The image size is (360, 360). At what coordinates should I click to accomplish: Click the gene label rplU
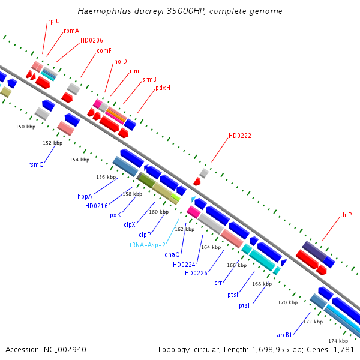(54, 21)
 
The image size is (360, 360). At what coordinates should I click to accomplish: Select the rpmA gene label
(71, 31)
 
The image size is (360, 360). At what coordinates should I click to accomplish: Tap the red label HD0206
(92, 41)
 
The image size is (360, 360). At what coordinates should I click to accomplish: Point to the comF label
(104, 50)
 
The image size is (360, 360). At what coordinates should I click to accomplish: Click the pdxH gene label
(163, 88)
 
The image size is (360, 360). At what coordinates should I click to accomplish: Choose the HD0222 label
(240, 136)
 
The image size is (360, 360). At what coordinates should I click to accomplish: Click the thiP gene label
(346, 215)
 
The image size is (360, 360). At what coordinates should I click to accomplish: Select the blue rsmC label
(36, 164)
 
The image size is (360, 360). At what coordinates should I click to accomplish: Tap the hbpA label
(85, 196)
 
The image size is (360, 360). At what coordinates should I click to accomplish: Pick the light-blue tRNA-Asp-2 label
(147, 245)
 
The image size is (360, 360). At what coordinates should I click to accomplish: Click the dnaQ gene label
(172, 254)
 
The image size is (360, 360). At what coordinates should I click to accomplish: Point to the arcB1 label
(284, 335)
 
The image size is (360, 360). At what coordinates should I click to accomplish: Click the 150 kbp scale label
(25, 127)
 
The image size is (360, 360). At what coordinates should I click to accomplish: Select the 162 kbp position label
(185, 229)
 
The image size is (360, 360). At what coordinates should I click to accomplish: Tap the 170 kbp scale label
(288, 303)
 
